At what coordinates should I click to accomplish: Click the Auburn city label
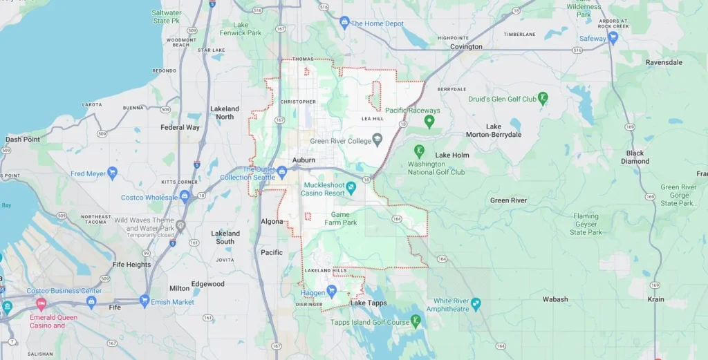click(x=304, y=160)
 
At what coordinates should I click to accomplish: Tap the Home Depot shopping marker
click(x=344, y=23)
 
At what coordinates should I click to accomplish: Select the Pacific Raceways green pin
click(x=429, y=122)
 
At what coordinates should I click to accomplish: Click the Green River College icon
click(x=377, y=141)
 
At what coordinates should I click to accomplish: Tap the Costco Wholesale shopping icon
click(x=185, y=197)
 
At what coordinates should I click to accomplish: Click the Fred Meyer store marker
click(x=113, y=173)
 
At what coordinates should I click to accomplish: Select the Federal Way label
click(x=180, y=127)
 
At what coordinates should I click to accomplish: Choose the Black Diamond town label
click(x=635, y=158)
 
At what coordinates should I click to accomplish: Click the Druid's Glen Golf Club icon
click(x=543, y=99)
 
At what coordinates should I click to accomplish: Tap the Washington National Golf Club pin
click(x=418, y=151)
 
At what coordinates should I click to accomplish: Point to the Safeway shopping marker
click(x=612, y=39)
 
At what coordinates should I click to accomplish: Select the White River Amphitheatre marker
click(x=475, y=305)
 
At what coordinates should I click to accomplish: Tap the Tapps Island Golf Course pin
click(x=416, y=321)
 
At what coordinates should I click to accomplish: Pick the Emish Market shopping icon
click(x=145, y=301)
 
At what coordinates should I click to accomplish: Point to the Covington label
click(x=466, y=47)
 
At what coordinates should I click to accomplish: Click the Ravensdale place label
click(x=664, y=62)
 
